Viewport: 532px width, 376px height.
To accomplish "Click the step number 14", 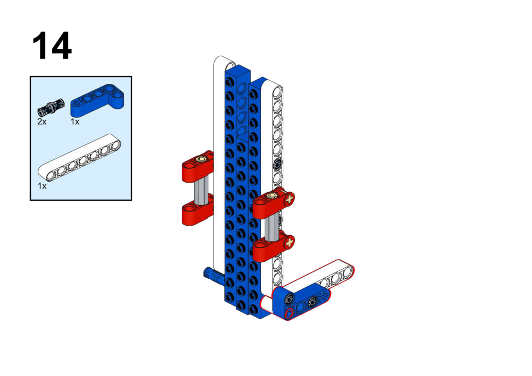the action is coord(52,46).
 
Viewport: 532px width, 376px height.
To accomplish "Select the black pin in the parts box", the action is coord(51,106).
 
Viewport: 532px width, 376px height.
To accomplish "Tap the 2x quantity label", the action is coord(42,122).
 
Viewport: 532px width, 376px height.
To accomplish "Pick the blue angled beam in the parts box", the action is coord(97,100).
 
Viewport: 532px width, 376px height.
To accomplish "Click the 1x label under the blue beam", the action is coord(74,122).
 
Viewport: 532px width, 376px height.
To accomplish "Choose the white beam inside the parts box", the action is coord(79,158).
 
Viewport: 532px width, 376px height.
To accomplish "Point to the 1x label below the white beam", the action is coord(42,186).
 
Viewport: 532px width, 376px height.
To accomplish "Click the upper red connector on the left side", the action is coord(198,167).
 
